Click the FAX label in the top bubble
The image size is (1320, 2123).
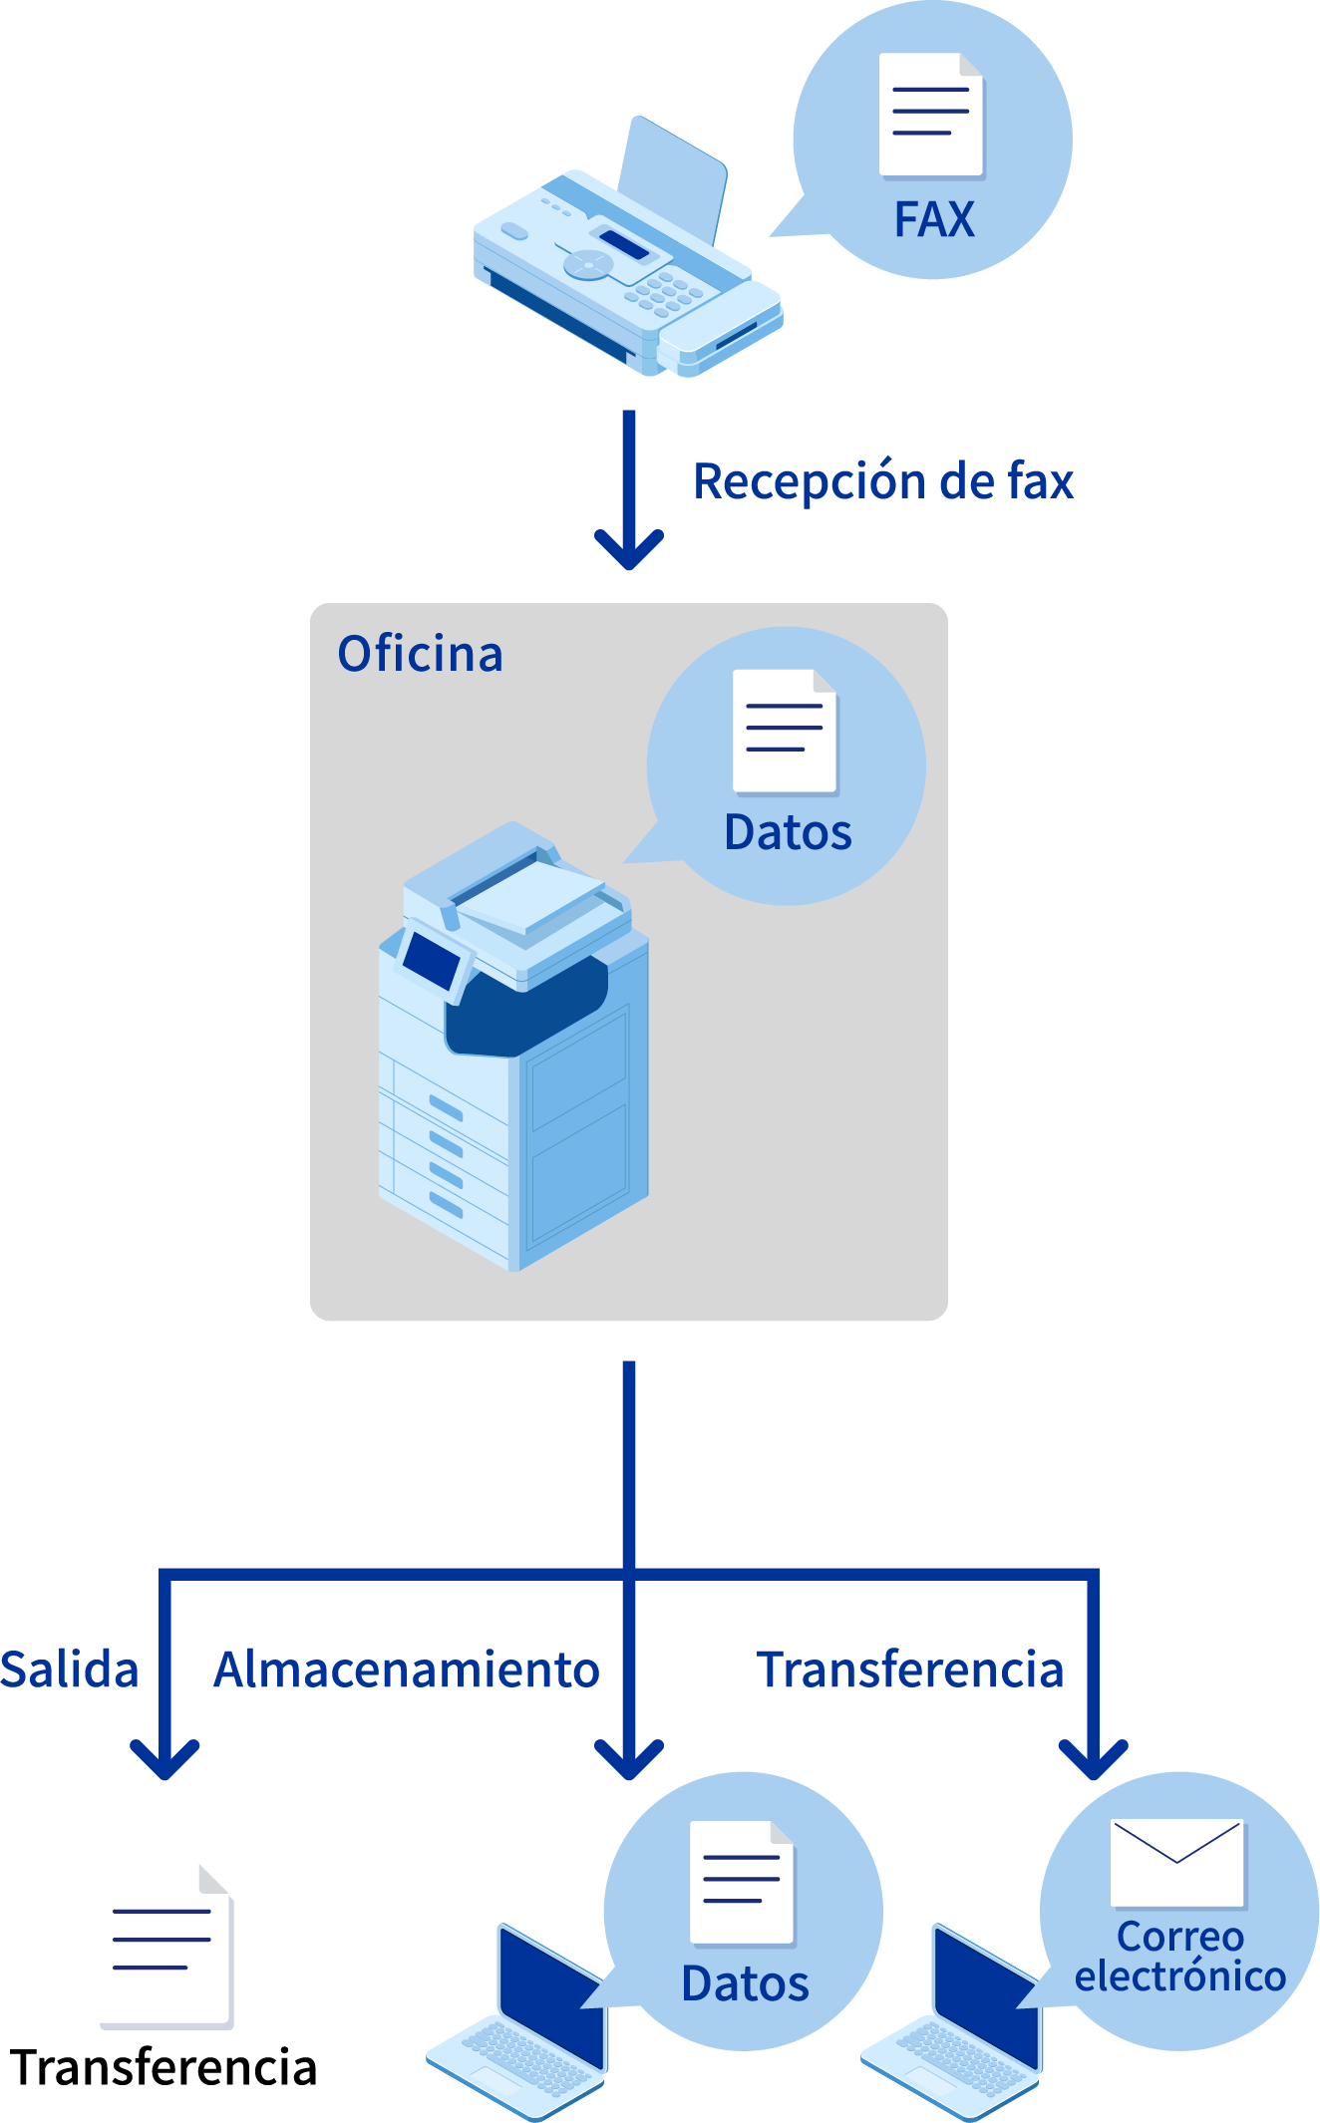934,219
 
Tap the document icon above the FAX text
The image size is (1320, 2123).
931,115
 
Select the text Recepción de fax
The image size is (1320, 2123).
883,481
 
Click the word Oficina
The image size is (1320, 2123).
421,655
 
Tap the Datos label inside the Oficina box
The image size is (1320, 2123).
788,833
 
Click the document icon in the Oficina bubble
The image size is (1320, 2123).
785,731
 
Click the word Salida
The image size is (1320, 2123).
69,1669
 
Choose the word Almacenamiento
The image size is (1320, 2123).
407,1669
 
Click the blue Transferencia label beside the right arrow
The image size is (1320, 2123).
910,1669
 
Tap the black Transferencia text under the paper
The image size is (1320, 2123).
165,2067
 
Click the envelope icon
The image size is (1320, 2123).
1177,1862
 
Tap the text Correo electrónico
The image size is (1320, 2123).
1180,1957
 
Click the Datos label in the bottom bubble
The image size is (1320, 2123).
745,1984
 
